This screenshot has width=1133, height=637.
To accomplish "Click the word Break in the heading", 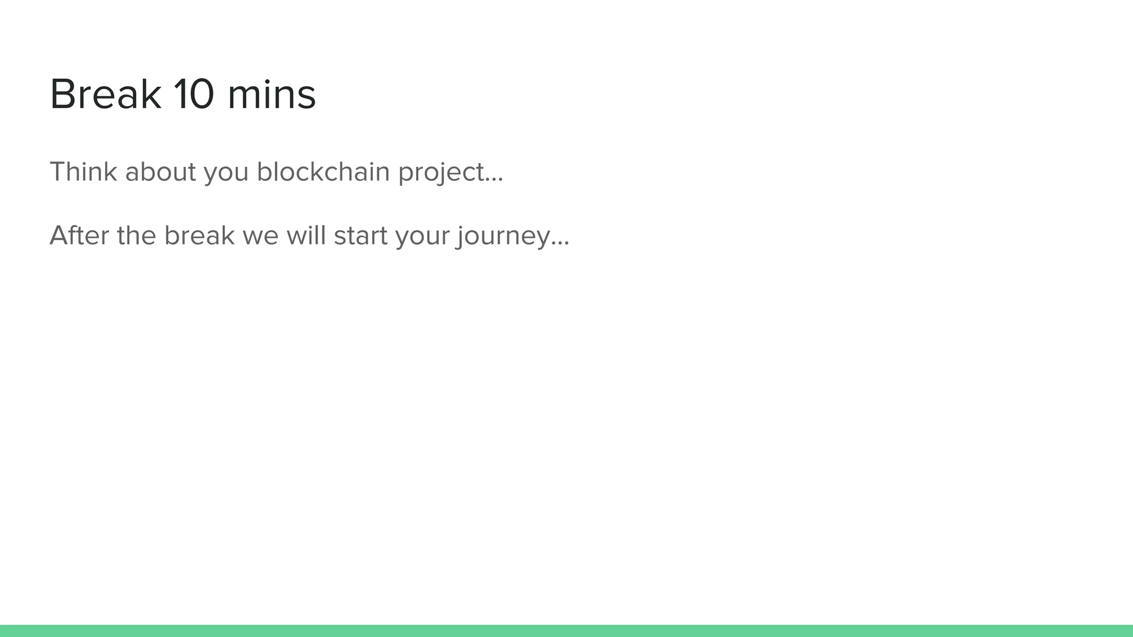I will pos(105,95).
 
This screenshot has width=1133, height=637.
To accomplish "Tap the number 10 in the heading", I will pos(194,95).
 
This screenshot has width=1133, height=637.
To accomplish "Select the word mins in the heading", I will pos(271,95).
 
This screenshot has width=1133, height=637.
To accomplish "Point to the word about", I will pos(160,171).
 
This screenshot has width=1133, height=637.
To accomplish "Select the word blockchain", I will pos(323,171).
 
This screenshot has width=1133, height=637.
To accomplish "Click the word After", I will pos(79,236).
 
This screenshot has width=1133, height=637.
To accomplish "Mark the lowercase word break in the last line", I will pos(199,236).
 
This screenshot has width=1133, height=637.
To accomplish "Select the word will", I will pos(306,236).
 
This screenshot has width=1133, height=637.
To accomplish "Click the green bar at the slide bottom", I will pos(566,631).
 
